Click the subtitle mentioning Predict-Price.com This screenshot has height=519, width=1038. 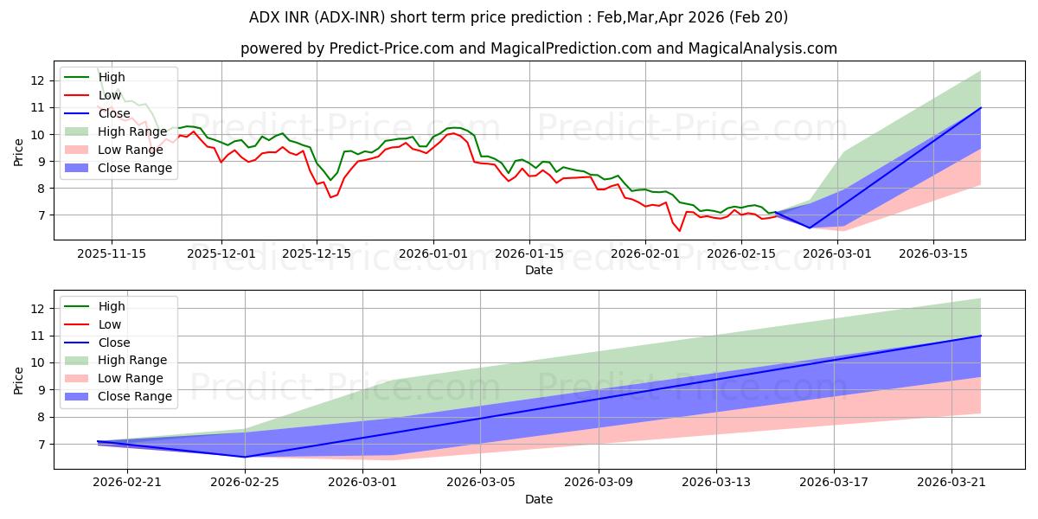(x=539, y=48)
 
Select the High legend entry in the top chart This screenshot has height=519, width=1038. (x=112, y=77)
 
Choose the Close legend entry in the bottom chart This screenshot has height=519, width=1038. (x=115, y=343)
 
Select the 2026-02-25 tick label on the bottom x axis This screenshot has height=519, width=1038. (x=245, y=482)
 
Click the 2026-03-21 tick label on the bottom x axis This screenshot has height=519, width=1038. (x=952, y=482)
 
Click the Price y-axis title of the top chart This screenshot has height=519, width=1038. (x=19, y=153)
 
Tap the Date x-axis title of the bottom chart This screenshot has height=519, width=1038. (x=539, y=499)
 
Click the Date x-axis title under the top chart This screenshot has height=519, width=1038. (x=539, y=270)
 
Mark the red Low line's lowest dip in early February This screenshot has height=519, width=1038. (x=679, y=230)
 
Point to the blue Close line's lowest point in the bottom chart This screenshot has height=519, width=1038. (x=245, y=457)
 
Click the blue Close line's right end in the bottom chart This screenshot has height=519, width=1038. (x=981, y=336)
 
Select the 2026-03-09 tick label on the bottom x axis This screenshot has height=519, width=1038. (x=599, y=482)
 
